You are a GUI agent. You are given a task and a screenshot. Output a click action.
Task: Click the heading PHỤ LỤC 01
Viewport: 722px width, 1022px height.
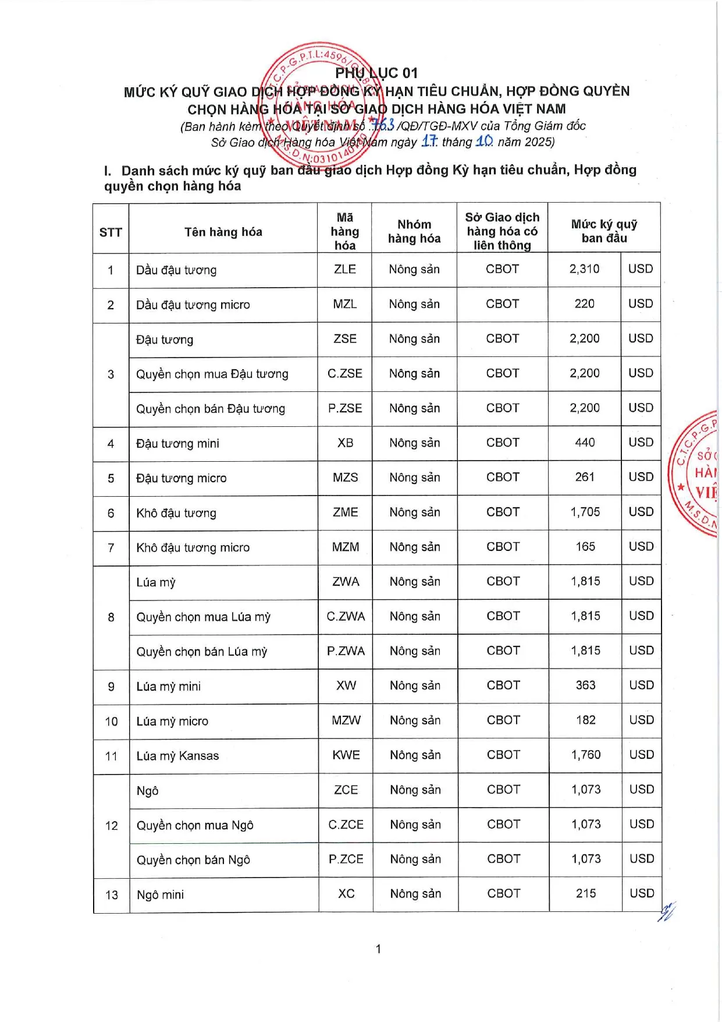[x=376, y=73]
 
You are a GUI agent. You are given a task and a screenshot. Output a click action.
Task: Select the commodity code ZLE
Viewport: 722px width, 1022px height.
[x=344, y=269]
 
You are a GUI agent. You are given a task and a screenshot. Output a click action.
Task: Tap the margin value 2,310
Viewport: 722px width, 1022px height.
[x=584, y=269]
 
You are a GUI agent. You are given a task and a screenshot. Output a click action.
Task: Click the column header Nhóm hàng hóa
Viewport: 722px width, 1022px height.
[x=414, y=231]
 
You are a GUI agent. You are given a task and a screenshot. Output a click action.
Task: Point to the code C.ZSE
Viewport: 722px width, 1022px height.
[x=344, y=373]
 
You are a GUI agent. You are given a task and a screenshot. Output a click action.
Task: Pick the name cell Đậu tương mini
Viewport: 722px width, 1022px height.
[x=177, y=443]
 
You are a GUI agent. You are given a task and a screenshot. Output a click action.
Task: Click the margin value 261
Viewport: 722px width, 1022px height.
[x=585, y=477]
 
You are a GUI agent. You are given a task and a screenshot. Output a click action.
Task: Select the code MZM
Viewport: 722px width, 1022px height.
[x=345, y=547]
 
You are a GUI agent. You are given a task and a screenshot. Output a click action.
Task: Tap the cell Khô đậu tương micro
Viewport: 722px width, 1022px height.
[x=193, y=547]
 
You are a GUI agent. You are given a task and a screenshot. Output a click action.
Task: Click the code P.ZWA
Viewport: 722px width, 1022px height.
[x=346, y=650]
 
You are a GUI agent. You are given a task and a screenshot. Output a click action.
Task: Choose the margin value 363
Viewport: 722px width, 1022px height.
[x=585, y=685]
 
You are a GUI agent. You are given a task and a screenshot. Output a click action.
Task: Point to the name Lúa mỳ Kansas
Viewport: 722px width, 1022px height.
[x=177, y=756]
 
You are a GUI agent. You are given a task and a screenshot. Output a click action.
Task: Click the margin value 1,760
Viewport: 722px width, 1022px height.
[x=585, y=755]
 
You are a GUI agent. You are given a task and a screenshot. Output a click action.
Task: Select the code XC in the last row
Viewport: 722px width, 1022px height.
[x=346, y=893]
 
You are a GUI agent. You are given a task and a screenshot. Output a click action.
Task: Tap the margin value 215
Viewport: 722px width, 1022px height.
[x=586, y=893]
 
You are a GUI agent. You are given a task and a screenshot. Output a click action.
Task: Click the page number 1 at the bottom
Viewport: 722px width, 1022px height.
[x=378, y=949]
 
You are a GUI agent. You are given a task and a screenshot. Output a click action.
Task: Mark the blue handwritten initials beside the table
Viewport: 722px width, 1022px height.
[x=667, y=911]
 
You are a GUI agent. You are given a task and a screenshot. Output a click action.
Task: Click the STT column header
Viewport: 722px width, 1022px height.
[x=111, y=232]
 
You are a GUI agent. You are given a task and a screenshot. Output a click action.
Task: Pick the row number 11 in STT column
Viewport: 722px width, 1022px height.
[x=111, y=756]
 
